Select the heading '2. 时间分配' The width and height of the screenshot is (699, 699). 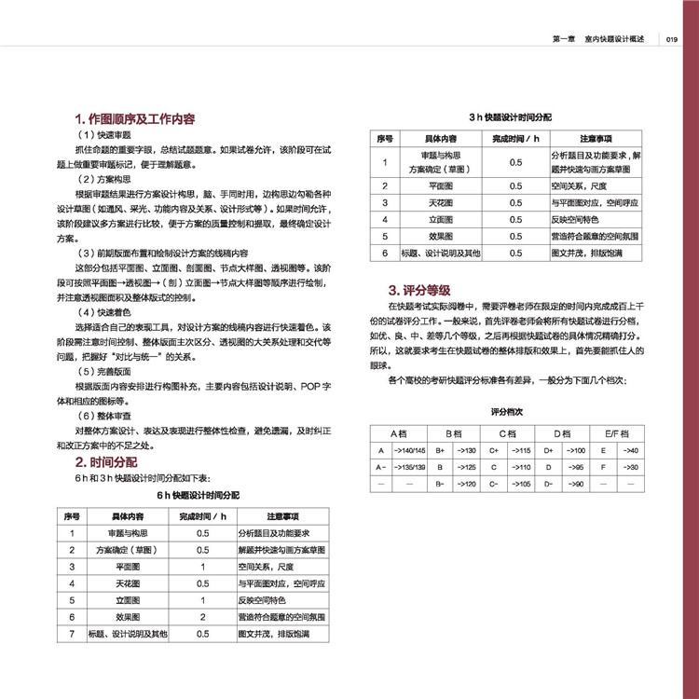[x=106, y=461]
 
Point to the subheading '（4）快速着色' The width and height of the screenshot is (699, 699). [x=100, y=312]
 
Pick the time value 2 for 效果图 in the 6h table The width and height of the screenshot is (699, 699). [x=202, y=617]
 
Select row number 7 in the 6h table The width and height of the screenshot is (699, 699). [x=72, y=634]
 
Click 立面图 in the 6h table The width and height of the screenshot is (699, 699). [x=128, y=600]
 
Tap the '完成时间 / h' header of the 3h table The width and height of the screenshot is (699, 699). [x=515, y=138]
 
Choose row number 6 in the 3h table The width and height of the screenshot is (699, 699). [x=385, y=253]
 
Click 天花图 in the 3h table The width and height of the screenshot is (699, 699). [x=441, y=202]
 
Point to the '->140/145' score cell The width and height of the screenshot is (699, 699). [x=410, y=450]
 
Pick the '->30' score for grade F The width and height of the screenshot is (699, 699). [x=630, y=467]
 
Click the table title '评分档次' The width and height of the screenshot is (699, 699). [x=509, y=410]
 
